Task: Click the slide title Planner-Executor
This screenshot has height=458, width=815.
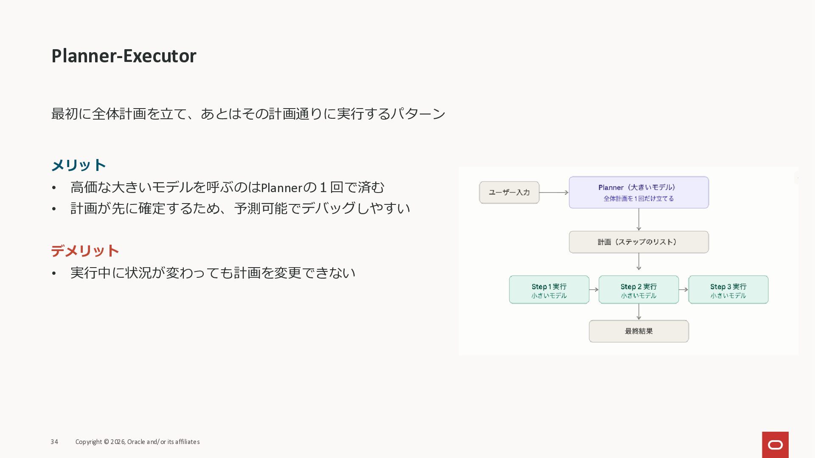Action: (x=124, y=56)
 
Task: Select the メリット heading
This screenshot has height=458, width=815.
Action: (x=79, y=165)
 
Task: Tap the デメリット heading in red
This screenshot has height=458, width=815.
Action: (x=85, y=251)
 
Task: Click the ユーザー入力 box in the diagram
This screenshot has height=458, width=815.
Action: (x=509, y=193)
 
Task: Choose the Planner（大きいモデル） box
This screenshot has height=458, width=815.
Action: (x=638, y=193)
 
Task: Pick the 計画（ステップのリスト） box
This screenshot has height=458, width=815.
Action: (x=638, y=242)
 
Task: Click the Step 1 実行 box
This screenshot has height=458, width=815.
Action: (x=549, y=290)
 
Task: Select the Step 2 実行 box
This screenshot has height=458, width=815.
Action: (x=638, y=290)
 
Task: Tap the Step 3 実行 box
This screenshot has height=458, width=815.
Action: (x=728, y=290)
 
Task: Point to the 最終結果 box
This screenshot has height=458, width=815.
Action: (x=638, y=331)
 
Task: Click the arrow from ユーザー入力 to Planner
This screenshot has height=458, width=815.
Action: (x=554, y=193)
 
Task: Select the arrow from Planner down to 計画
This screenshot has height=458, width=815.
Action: (x=639, y=220)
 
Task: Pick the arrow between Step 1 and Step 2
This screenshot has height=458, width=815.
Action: (x=594, y=290)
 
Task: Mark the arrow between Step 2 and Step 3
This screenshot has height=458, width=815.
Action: (x=683, y=290)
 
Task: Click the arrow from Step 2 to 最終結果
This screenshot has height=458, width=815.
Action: (x=639, y=312)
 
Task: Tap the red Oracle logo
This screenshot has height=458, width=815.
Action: (x=775, y=444)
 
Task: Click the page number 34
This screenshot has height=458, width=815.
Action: (x=54, y=442)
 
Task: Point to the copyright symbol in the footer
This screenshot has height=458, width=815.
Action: (x=106, y=442)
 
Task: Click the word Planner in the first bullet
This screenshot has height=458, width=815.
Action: (x=281, y=187)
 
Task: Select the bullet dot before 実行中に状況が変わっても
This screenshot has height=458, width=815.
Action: (x=54, y=273)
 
